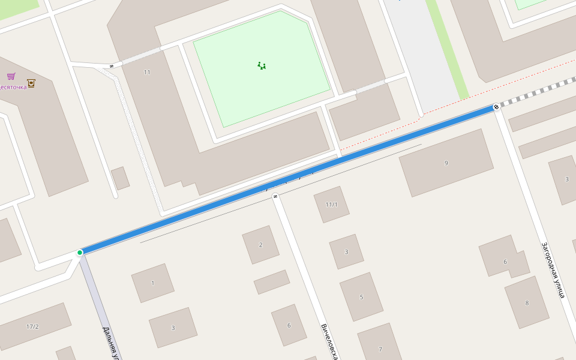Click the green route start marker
pos(80,253)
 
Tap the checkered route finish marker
pos(496,107)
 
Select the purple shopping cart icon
pos(11,76)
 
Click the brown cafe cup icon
pos(31,83)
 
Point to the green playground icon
pos(262,65)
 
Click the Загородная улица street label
pos(553,270)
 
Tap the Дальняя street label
pos(112,342)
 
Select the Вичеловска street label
pos(329,341)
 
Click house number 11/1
pos(331,205)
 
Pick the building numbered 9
pos(446,163)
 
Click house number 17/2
pos(32,326)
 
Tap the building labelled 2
pos(260,245)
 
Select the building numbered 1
pos(152,283)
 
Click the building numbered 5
pos(361,297)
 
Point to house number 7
pos(380,349)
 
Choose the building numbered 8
pos(527,303)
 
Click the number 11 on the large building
pos(147,72)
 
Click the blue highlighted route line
pos(288,179)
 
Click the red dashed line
pos(456,102)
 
